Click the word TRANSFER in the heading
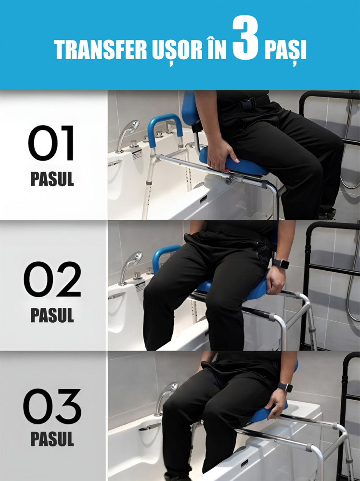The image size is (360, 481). point(101,50)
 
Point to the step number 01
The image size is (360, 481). point(51,143)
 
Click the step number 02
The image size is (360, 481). point(52,279)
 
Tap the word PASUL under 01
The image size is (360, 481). point(52,179)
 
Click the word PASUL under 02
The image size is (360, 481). point(52,315)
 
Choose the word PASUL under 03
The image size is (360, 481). point(52,439)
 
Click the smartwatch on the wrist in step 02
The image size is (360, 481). point(280,264)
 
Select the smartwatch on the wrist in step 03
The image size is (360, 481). point(285,387)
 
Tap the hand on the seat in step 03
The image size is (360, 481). point(276,404)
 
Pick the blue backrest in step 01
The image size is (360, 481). point(190,109)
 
